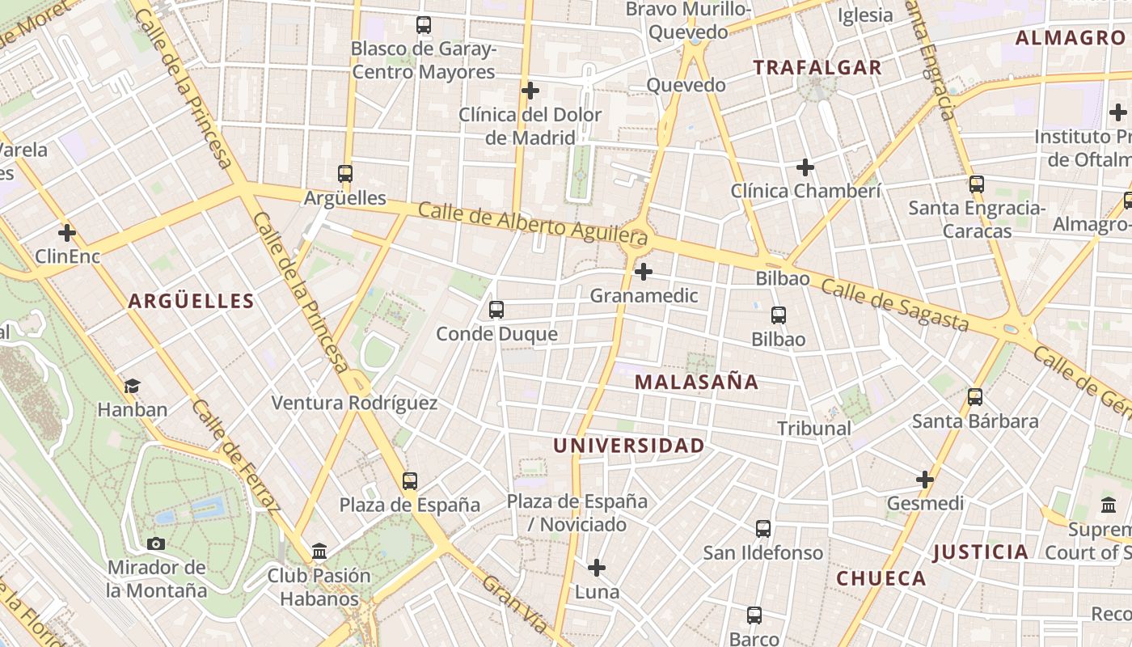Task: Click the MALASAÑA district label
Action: tap(696, 382)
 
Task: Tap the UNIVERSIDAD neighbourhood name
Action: tap(628, 446)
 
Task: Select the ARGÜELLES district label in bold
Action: tap(191, 302)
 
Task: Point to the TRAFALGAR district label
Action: tap(817, 68)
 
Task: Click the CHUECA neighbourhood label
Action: tap(881, 578)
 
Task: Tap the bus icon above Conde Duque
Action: tap(496, 310)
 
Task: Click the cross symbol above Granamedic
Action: tap(644, 272)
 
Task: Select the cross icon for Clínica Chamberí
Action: tap(805, 167)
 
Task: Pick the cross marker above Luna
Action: tap(597, 568)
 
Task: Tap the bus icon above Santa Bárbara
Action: tap(975, 397)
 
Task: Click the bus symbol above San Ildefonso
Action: tap(762, 529)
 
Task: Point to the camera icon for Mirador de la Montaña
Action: tap(156, 543)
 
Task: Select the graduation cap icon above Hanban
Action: tap(132, 387)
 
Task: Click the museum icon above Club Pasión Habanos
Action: tap(319, 552)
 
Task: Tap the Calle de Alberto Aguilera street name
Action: tap(533, 223)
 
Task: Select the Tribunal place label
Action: tap(814, 429)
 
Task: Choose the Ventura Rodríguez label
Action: tap(354, 403)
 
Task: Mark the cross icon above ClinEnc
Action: tap(67, 234)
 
